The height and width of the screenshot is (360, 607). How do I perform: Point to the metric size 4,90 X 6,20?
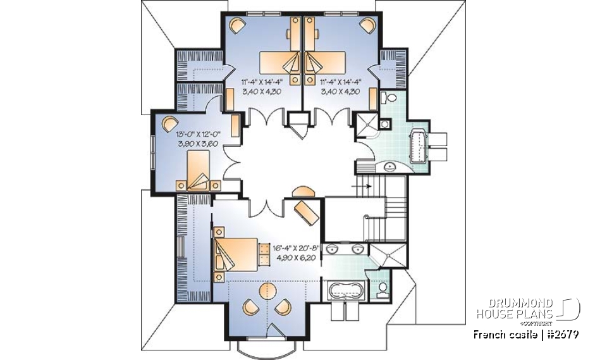click(297, 258)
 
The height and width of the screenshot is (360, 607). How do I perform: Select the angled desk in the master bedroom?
click(307, 211)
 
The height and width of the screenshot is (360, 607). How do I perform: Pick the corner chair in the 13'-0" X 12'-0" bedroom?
click(169, 123)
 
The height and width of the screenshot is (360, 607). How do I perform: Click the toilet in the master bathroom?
click(382, 289)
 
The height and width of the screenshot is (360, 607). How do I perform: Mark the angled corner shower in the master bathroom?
click(386, 256)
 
